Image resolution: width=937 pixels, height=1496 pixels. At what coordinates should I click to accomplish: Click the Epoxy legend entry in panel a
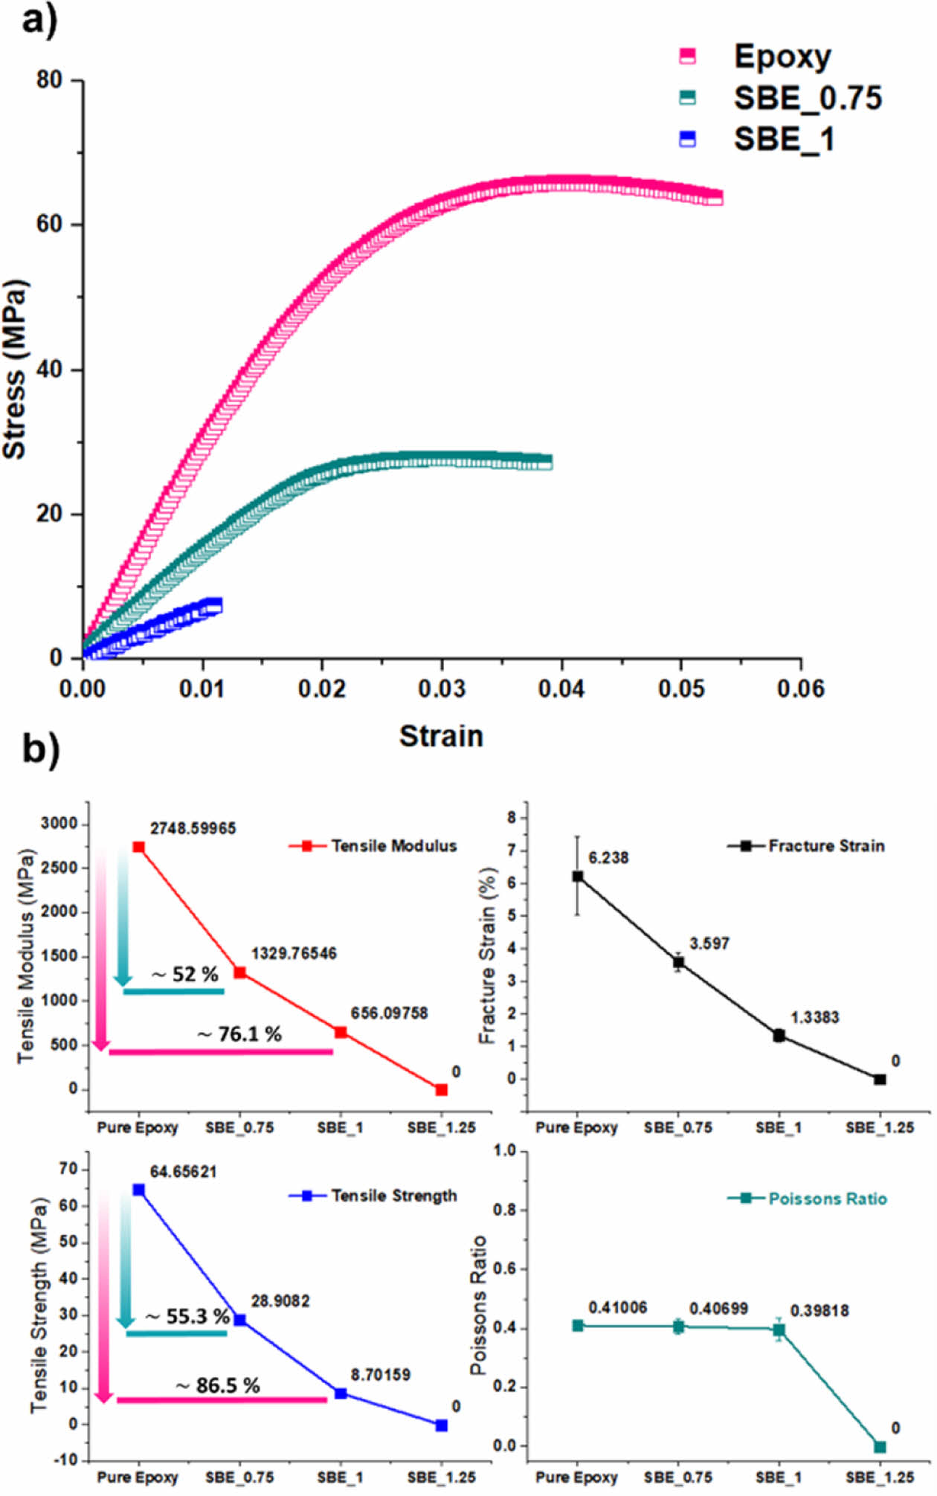[x=782, y=57]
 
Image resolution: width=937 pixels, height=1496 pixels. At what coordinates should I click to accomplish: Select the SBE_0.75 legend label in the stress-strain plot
[x=808, y=98]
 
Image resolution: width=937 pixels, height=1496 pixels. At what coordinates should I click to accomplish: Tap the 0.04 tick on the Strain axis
[x=561, y=689]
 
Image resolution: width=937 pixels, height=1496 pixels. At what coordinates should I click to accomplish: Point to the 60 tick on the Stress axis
[x=49, y=224]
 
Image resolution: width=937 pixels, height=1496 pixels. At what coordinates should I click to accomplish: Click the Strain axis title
[x=441, y=736]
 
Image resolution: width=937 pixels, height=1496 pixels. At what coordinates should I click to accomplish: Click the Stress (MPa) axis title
[x=15, y=370]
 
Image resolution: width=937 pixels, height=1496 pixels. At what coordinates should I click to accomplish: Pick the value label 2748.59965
[x=193, y=828]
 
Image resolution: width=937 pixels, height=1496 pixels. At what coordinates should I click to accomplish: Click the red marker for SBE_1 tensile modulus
[x=341, y=1032]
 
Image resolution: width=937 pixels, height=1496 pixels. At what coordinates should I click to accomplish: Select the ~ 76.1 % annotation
[x=239, y=1034]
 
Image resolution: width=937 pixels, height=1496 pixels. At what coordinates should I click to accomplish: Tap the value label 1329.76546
[x=294, y=953]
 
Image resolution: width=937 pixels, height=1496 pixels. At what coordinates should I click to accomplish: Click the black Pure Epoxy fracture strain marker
[x=578, y=876]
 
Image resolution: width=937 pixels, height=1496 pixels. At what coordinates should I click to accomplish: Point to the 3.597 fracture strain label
[x=709, y=944]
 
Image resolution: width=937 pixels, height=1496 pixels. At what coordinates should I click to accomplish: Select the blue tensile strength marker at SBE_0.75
[x=240, y=1320]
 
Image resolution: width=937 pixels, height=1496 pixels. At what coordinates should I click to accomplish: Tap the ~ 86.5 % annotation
[x=218, y=1386]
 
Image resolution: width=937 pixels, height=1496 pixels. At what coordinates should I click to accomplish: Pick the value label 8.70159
[x=381, y=1375]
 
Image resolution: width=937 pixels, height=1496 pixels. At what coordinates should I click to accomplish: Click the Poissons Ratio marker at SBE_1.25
[x=880, y=1447]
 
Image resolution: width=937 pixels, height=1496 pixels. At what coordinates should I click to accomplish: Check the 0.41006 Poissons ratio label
[x=617, y=1308]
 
